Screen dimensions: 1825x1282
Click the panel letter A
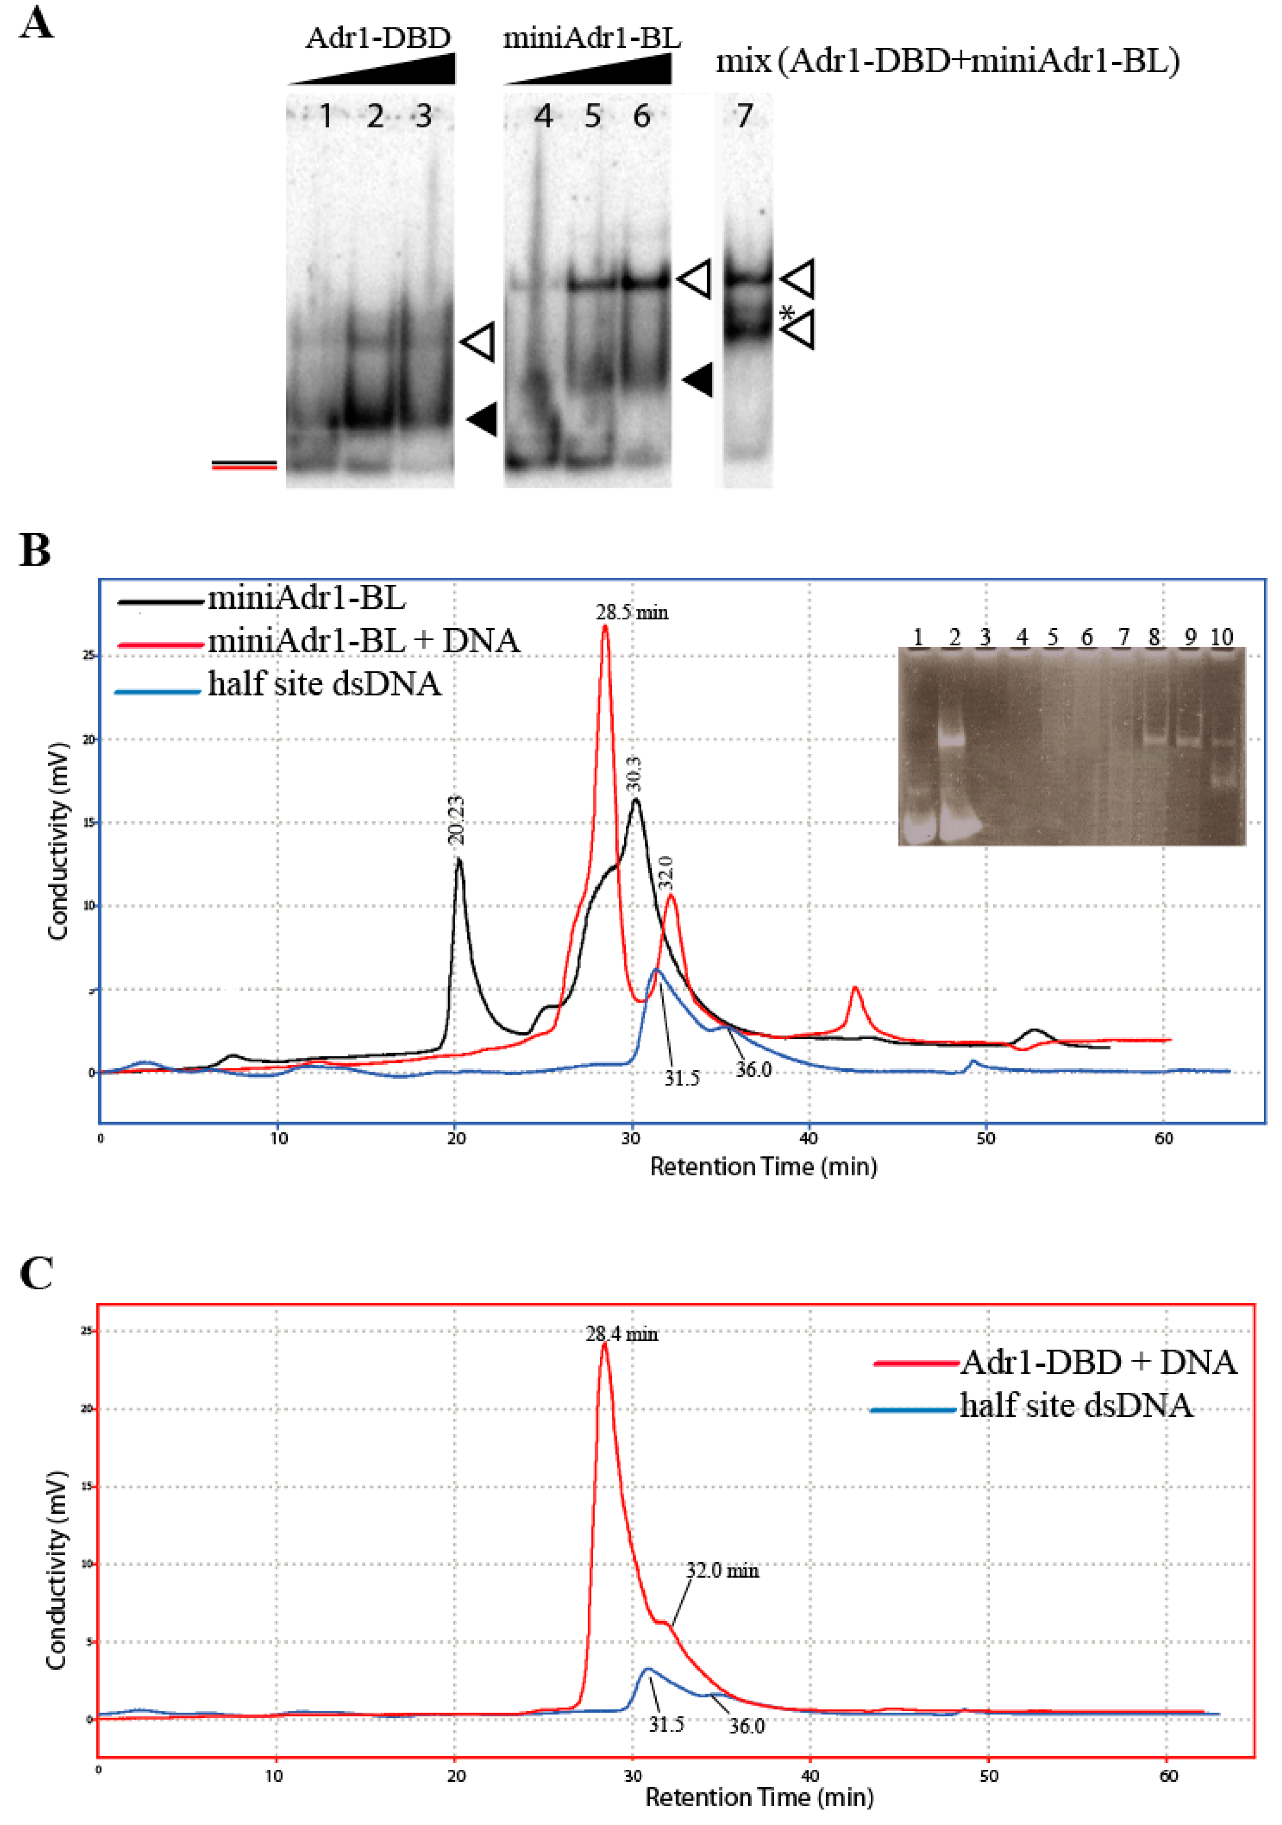(x=36, y=24)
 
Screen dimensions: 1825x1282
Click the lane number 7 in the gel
(x=743, y=117)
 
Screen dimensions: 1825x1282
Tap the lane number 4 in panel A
(x=543, y=117)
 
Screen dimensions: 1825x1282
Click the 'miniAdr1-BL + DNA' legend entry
(x=363, y=641)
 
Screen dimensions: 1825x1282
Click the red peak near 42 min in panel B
(x=855, y=990)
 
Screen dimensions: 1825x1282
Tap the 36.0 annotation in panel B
(x=753, y=1070)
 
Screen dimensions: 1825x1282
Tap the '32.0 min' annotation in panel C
(x=722, y=1571)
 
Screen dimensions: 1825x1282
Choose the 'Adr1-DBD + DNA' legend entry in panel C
(x=1098, y=1363)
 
